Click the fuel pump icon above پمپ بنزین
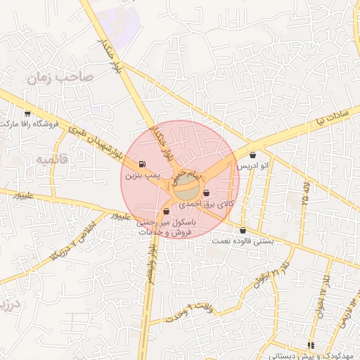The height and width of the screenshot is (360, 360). [144, 164]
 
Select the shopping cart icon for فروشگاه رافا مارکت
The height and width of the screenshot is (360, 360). [27, 113]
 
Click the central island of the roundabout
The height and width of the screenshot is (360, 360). [187, 188]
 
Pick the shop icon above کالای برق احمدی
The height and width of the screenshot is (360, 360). [206, 193]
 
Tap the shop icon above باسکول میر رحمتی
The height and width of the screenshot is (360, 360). [167, 211]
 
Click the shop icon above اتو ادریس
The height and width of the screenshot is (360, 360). [252, 155]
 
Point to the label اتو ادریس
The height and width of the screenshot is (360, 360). [252, 166]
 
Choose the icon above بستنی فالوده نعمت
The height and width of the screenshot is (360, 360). [243, 230]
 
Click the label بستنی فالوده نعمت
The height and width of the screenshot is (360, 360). [243, 241]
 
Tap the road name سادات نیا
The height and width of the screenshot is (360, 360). [330, 116]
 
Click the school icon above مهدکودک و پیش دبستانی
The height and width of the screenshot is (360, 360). [310, 345]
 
